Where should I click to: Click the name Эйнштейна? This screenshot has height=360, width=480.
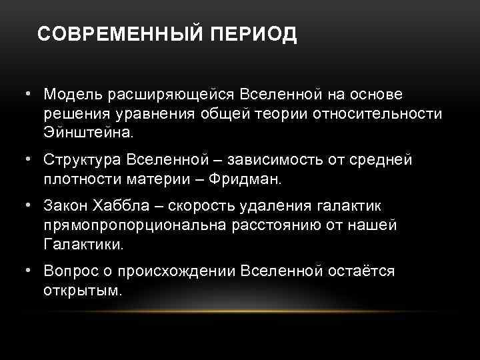89,132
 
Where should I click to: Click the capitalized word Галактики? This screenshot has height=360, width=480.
84,245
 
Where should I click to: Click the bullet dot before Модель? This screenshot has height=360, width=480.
29,95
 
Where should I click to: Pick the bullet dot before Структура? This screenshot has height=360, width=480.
29,161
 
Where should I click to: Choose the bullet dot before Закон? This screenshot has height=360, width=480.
29,207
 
